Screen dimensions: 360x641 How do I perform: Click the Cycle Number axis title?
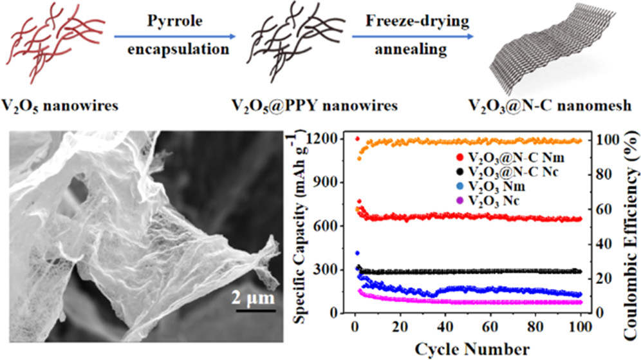[x=469, y=348]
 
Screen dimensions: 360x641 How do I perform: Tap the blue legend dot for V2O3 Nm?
[x=440, y=187]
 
